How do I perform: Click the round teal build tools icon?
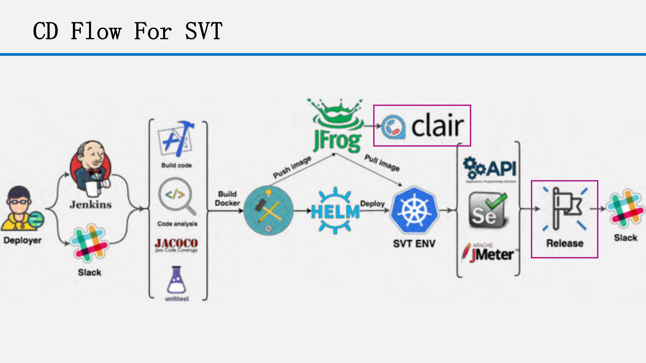(268, 211)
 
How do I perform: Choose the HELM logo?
(335, 211)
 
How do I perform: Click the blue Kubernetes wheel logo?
(414, 211)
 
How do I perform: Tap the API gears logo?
(490, 168)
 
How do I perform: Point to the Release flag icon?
(565, 209)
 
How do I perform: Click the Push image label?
(292, 167)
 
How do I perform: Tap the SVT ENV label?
(414, 244)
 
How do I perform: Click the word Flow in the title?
(96, 31)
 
